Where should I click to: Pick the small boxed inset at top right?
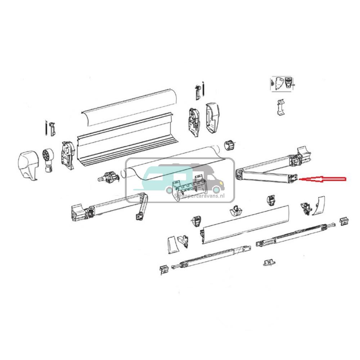(x=282, y=84)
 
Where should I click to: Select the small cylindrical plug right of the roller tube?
(x=229, y=145)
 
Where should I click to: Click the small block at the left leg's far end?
(x=164, y=269)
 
